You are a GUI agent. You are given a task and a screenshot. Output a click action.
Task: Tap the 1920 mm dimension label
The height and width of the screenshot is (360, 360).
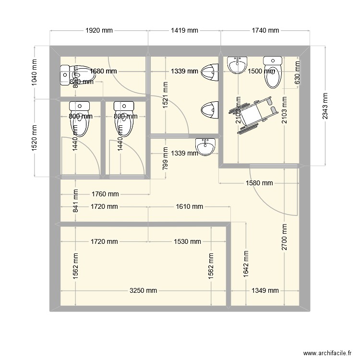coord(99,31)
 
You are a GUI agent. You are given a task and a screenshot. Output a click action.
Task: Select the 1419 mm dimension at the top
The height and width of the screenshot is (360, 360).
coord(184,31)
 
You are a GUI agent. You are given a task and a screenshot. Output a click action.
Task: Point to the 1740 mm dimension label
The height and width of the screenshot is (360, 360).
coord(265,31)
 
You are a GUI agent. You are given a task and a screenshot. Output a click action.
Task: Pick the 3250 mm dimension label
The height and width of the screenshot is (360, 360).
coord(143,290)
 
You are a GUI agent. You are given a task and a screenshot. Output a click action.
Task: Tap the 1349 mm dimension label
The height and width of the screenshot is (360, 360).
coord(265,290)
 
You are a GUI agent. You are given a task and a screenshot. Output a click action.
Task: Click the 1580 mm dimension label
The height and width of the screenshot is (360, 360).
coord(259,183)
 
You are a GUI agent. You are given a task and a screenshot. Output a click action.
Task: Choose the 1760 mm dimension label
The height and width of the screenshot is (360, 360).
coord(105,194)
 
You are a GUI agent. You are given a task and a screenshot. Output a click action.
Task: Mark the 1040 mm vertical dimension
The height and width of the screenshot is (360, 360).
coord(35,72)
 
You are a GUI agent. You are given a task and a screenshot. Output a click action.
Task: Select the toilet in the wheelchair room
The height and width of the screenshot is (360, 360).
coord(272,72)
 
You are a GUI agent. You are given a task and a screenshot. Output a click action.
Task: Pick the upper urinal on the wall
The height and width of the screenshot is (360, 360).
coord(209,72)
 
